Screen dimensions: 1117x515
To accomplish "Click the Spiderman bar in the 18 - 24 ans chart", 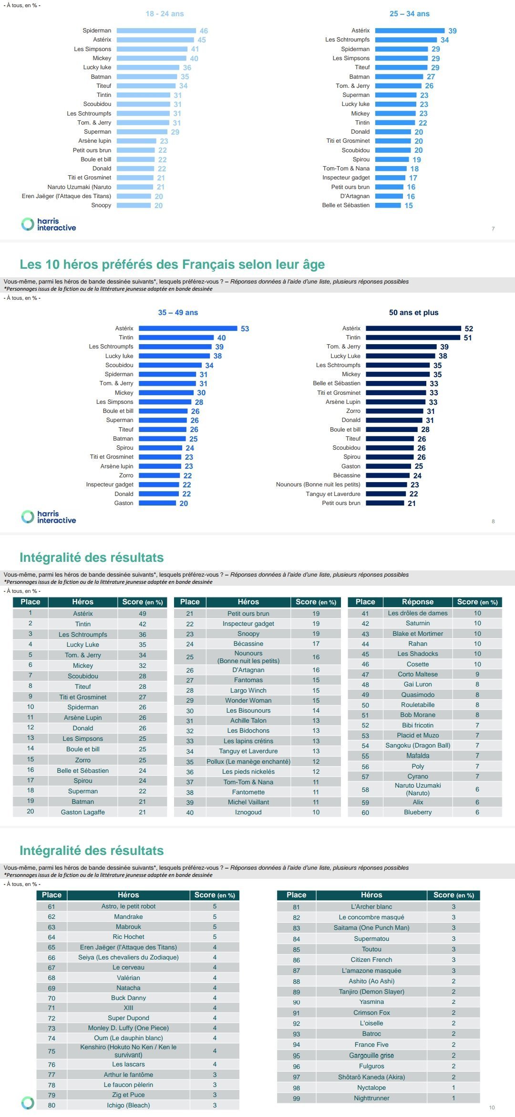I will coord(156,31).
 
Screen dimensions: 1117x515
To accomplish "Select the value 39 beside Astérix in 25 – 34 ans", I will coord(452,31).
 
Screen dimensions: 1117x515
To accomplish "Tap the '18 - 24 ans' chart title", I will coord(165,14).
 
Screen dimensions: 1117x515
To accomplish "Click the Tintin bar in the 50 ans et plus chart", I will coord(413,337).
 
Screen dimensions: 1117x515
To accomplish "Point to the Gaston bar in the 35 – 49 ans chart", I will coord(157,503).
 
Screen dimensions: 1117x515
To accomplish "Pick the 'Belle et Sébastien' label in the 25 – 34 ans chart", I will coord(346,205).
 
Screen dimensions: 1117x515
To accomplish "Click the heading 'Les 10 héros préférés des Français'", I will coord(172,264).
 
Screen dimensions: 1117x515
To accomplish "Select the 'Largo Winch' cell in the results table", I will coord(248,690).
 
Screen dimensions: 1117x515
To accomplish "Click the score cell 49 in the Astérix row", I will coord(142,613).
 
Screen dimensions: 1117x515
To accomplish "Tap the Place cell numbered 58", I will coord(365,790).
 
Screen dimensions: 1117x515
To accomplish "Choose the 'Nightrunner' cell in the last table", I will coord(371,1098).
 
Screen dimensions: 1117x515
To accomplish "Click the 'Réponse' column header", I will coord(417,602).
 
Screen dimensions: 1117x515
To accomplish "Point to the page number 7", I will coord(493,229).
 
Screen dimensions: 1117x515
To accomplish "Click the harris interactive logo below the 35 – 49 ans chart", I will coord(49,517).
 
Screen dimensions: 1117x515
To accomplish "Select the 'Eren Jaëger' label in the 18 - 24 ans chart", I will coord(66,196).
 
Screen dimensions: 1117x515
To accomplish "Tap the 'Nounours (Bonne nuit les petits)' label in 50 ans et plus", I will coord(318,485).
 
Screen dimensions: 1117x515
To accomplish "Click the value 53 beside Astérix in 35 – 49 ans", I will coord(245,328).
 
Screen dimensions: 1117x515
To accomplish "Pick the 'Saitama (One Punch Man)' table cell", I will coord(371,927).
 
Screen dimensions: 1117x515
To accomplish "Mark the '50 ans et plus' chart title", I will coord(413,313).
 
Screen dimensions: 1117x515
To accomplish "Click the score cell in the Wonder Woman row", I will coord(316,700).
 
